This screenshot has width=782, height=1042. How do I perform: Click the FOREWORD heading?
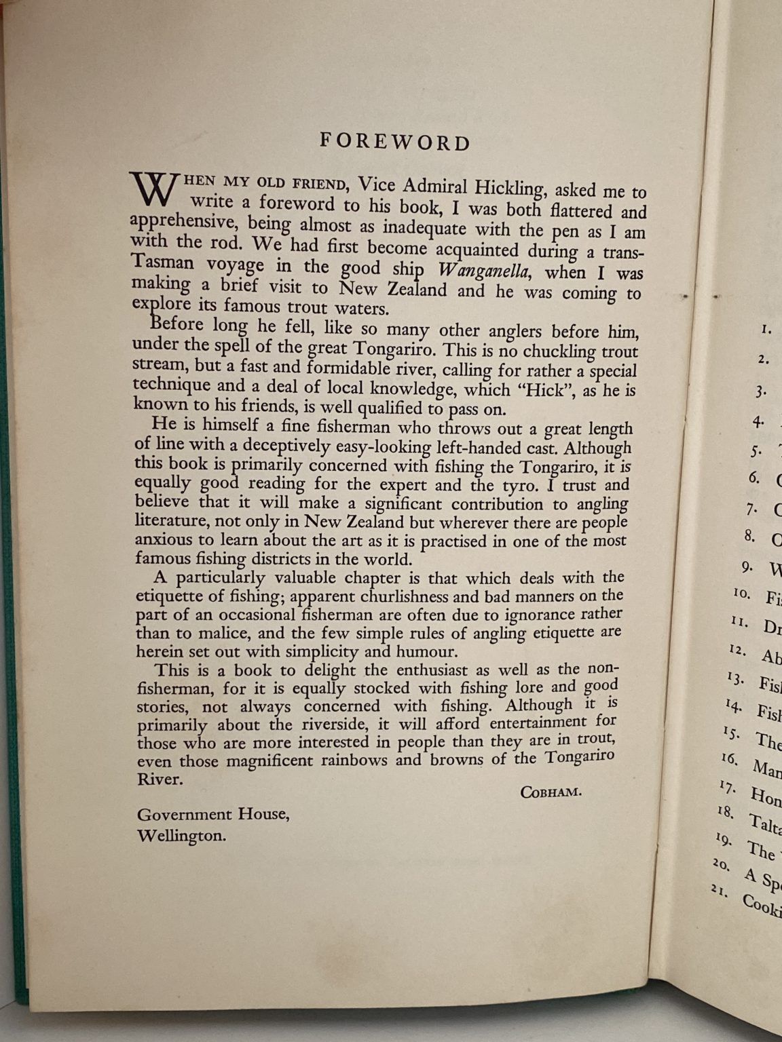(x=395, y=142)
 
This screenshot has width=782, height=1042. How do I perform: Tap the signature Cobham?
(x=551, y=792)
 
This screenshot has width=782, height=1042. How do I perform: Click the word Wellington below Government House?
(x=181, y=835)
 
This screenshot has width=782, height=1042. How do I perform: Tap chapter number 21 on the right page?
(x=721, y=889)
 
